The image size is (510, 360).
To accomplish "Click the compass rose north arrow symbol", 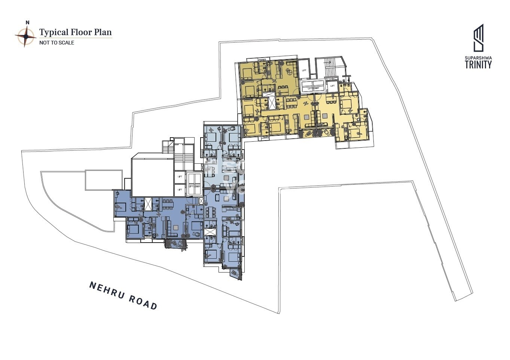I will click(x=25, y=36).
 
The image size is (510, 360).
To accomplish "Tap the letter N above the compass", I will click(x=27, y=22).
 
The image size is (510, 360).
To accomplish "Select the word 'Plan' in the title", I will click(x=103, y=32).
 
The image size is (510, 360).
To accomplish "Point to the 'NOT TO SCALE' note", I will click(x=57, y=43).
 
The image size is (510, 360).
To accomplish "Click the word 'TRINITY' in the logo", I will click(x=478, y=65).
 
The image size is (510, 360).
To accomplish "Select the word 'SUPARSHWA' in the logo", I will click(x=478, y=58).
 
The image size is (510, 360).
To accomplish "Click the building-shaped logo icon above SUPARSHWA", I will click(x=479, y=38).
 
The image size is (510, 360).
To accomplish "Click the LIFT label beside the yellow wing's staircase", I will click(x=304, y=70).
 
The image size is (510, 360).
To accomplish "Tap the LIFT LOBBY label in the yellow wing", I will click(x=313, y=88).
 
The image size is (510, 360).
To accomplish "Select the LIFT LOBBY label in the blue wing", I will click(x=195, y=186).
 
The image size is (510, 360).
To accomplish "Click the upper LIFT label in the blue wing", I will click(x=180, y=176).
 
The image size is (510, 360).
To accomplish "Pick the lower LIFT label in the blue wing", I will click(x=180, y=190).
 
